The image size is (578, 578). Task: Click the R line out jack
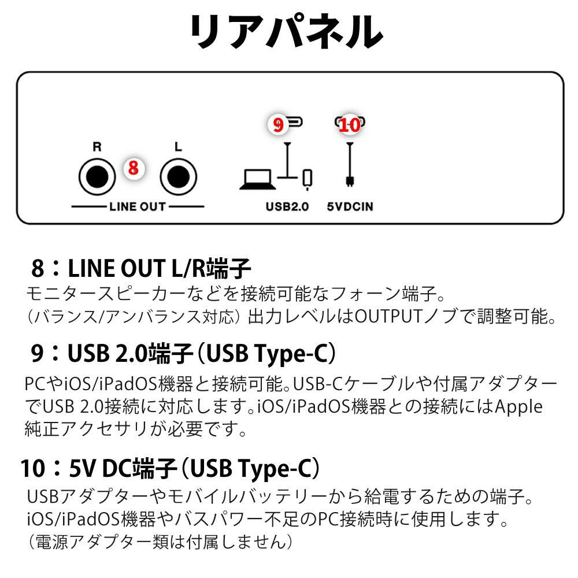click(97, 176)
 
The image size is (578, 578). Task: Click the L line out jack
click(179, 176)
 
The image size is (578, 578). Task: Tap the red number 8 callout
click(134, 168)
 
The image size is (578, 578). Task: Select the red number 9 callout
click(278, 124)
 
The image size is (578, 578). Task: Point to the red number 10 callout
click(350, 125)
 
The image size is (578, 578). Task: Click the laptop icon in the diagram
click(258, 180)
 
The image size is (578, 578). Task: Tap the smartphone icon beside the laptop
click(307, 179)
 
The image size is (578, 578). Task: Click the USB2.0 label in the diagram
click(287, 206)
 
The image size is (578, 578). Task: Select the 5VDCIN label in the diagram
click(350, 206)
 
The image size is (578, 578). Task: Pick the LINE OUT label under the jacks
click(138, 206)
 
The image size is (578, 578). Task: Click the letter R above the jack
click(97, 147)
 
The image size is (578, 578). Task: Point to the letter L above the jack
click(179, 147)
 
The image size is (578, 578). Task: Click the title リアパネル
click(287, 31)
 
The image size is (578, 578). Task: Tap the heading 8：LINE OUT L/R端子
click(141, 268)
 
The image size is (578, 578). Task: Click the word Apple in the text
click(518, 407)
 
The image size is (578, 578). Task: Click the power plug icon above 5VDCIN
click(350, 165)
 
